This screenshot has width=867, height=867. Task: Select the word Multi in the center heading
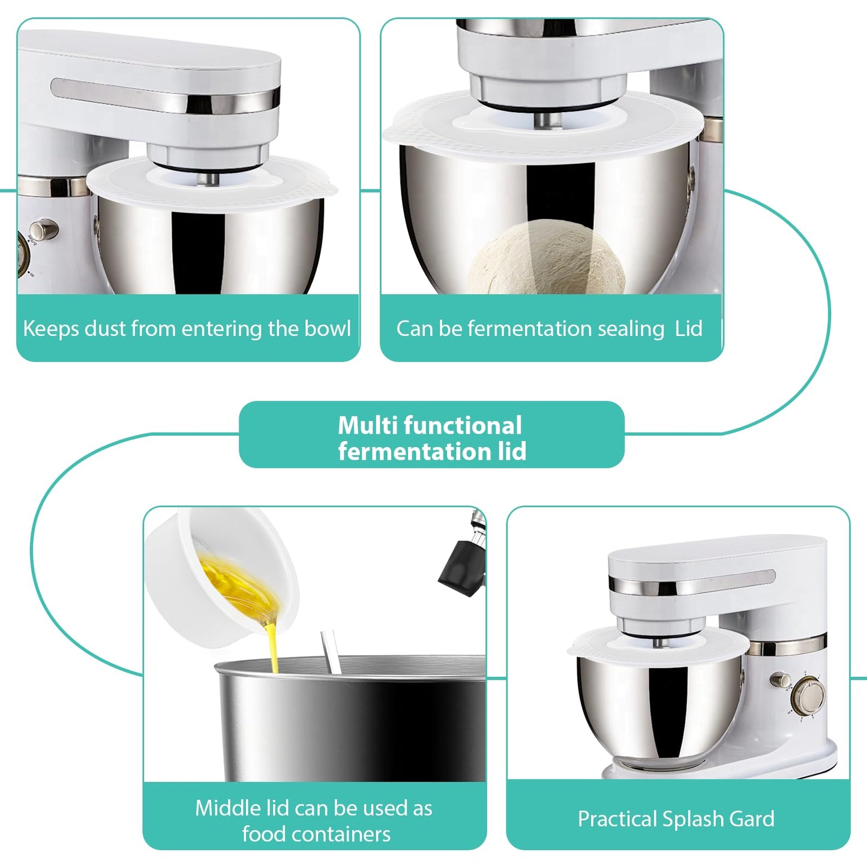[368, 425]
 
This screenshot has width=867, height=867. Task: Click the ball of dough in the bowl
[546, 258]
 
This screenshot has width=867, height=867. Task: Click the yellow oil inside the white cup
[240, 588]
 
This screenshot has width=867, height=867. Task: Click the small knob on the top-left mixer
[42, 229]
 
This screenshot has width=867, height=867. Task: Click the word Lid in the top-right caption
[688, 329]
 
